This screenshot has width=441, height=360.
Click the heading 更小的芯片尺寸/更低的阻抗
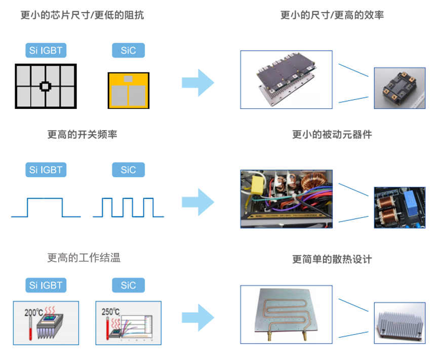pos(82,15)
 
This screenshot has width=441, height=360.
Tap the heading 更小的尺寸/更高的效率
pos(332,15)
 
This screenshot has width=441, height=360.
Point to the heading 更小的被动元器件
pos(332,134)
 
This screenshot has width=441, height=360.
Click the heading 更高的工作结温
pos(84,258)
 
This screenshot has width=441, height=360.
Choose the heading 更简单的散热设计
pos(332,259)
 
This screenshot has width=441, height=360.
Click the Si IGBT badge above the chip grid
pos(46,51)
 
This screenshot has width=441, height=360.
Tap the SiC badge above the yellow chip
pos(128,51)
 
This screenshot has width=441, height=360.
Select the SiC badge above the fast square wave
pos(128,170)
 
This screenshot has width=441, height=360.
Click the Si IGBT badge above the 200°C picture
pos(46,285)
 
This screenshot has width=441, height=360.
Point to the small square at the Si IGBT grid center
pos(45,87)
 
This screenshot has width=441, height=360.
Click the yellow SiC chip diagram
pos(129,90)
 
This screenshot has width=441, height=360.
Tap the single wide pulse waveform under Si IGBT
pos(46,207)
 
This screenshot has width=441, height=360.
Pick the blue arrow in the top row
pos(198,83)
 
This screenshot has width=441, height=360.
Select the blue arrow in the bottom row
pos(198,318)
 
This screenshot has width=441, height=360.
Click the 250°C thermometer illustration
pos(128,323)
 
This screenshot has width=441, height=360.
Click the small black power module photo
pos(399,88)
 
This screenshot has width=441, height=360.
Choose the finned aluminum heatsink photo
pos(399,322)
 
